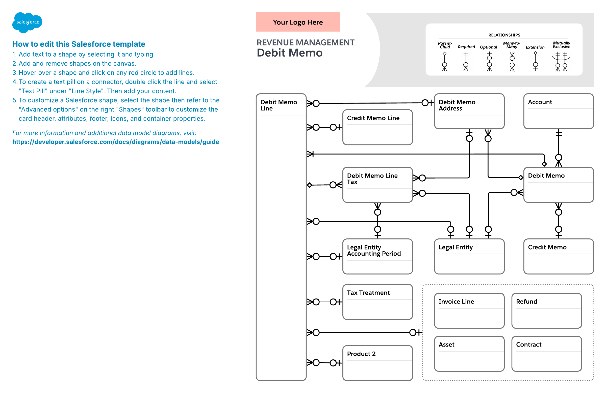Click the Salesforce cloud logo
coord(27,22)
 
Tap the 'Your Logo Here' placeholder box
coord(298,22)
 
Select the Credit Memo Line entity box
coord(377,127)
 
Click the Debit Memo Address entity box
coord(469,111)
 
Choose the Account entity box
coord(559,111)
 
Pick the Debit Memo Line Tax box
coord(377,185)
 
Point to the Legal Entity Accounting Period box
coord(377,256)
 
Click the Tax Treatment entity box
coord(377,302)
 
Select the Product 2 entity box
coord(377,363)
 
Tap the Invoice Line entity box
coord(469,311)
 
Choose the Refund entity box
coord(547,311)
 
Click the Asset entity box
coord(469,354)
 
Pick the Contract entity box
coord(547,354)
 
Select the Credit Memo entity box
coord(559,256)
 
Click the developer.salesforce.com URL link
coord(116,142)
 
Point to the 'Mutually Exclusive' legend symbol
coord(561,62)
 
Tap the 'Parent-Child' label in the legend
coord(445,45)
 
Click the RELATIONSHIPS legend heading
coord(504,35)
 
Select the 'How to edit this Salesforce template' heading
coord(79,44)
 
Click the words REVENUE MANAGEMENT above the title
coord(305,42)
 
